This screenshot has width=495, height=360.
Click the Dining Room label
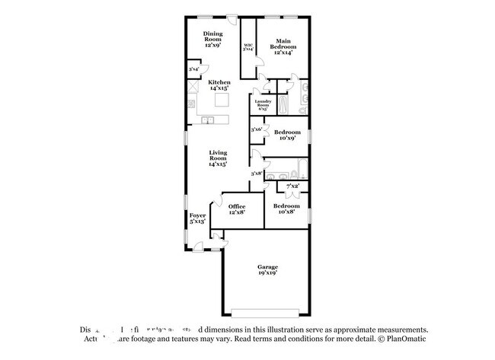click(212, 40)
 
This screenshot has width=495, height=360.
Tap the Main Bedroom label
click(283, 46)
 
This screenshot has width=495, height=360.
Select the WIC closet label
click(248, 47)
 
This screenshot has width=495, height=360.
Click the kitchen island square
click(222, 100)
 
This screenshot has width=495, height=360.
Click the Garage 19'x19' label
click(267, 270)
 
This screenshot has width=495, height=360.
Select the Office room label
click(237, 209)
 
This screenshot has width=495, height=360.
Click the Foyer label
click(197, 218)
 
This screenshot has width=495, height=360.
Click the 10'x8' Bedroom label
click(286, 209)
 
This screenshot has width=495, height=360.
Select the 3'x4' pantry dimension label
click(194, 70)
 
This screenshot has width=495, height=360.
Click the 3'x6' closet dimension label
click(257, 130)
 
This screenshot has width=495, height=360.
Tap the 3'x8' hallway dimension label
click(257, 174)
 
